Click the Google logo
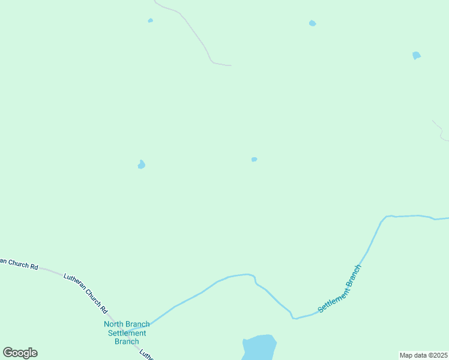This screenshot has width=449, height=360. (x=20, y=353)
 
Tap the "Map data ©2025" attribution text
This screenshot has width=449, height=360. (x=423, y=355)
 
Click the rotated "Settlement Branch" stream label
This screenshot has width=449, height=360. (x=340, y=288)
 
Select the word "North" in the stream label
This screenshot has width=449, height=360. (x=115, y=325)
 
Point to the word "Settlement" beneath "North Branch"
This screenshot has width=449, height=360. (x=127, y=333)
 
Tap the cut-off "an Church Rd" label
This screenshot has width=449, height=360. (x=19, y=264)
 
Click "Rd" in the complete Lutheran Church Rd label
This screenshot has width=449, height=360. (x=104, y=310)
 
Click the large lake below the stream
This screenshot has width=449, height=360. (x=259, y=348)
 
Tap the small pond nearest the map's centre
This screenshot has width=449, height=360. (x=254, y=160)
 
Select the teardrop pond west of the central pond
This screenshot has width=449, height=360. (x=141, y=164)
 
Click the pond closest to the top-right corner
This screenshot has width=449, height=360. (x=416, y=56)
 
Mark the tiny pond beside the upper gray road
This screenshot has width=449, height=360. (x=150, y=21)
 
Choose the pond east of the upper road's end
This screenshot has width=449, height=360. (x=312, y=23)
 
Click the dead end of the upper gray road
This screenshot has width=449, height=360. (x=230, y=65)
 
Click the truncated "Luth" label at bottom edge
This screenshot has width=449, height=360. (x=146, y=355)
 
